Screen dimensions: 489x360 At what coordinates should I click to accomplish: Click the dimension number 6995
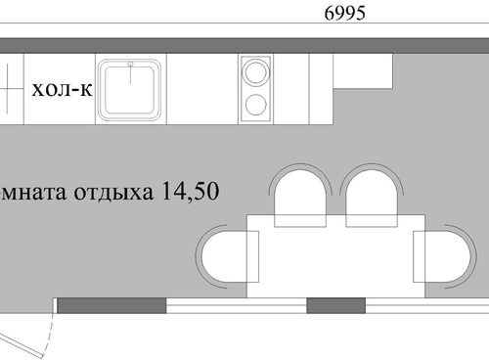pos(344,14)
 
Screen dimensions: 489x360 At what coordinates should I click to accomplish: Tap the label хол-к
pos(62,89)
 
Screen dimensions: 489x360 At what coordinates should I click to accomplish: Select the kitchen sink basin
pos(130,89)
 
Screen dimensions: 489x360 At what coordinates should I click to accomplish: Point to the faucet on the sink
pos(131,71)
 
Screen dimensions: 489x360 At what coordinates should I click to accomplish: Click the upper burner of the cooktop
pos(256,72)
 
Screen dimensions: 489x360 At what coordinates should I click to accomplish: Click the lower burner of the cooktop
pos(256,105)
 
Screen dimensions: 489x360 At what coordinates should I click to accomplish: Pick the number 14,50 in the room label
pos(190,191)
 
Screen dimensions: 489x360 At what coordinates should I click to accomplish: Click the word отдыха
pos(113,193)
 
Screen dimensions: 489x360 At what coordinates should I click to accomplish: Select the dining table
pos(335,256)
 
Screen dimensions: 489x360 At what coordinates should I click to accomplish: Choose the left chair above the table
pos(300,196)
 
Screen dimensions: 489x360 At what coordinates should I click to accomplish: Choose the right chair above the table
pos(372,196)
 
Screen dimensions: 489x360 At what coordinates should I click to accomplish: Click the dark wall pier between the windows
pos(336,306)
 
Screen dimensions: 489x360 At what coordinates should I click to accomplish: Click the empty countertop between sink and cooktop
pos(202,89)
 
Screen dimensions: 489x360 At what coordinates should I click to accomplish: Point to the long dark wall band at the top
pos(244,46)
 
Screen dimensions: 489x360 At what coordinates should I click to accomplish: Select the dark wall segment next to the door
pos(111,306)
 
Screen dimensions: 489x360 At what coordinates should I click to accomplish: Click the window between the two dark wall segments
pos(237,306)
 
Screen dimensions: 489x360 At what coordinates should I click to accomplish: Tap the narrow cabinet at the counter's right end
pos(321,89)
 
